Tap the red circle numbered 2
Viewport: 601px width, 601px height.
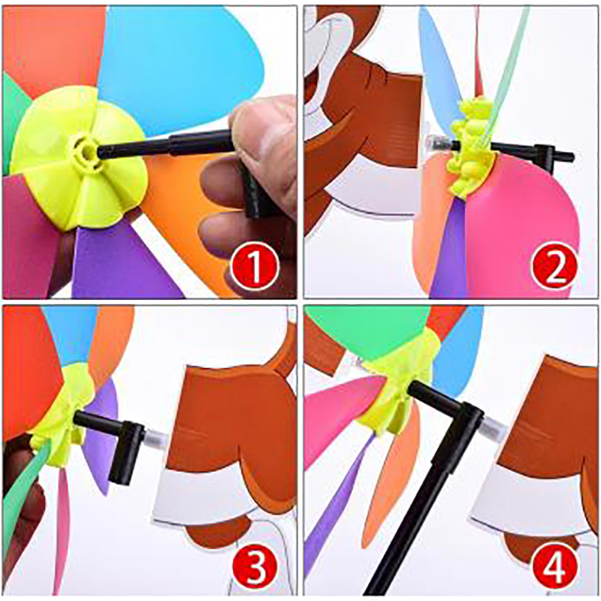pos(554,266)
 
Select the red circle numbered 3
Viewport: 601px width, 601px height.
pos(256,566)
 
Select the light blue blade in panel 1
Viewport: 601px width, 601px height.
pos(173,65)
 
